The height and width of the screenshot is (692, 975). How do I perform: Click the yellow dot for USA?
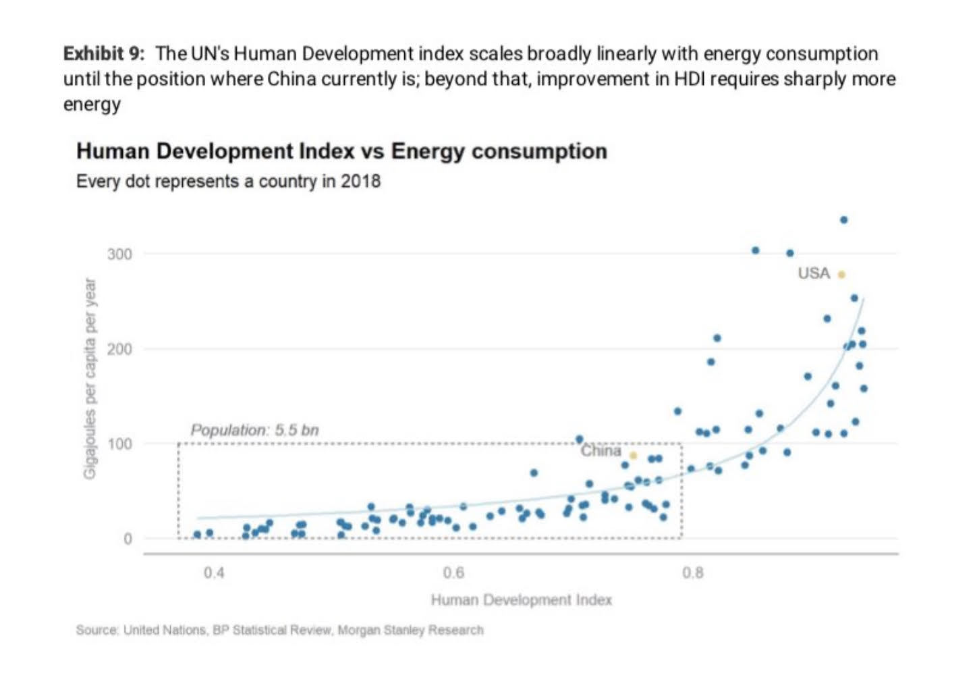(841, 274)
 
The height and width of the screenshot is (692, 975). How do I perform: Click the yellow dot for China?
(633, 456)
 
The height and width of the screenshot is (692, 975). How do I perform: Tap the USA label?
(814, 273)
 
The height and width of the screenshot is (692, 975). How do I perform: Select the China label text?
(601, 450)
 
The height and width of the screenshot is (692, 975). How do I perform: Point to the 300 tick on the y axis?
(119, 255)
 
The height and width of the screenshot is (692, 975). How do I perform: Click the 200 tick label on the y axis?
(119, 349)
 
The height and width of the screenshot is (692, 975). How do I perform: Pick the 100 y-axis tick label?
(119, 444)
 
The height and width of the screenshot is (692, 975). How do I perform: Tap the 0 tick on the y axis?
(128, 539)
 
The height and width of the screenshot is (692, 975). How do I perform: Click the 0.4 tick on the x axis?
(213, 573)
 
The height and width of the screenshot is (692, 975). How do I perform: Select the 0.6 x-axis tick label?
(453, 573)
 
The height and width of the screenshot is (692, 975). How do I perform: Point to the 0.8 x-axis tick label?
(693, 573)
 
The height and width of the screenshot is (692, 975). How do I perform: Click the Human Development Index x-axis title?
(521, 600)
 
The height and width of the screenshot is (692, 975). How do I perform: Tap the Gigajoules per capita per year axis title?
(90, 379)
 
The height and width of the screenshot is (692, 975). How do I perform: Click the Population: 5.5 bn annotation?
(254, 430)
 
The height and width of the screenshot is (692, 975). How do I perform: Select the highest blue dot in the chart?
(843, 220)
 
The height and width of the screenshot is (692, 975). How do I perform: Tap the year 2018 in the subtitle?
(360, 182)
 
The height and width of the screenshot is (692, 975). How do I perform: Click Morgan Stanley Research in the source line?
(410, 630)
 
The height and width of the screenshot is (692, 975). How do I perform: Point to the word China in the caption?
(291, 79)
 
